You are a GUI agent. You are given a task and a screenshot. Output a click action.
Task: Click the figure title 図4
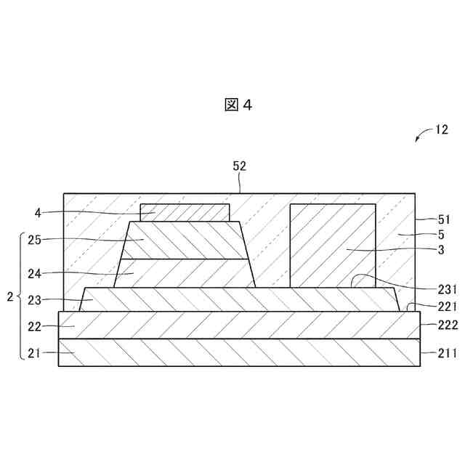pyautogui.click(x=238, y=105)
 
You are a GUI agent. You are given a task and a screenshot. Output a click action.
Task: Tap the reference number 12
pyautogui.click(x=441, y=131)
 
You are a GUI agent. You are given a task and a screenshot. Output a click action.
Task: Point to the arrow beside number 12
pyautogui.click(x=422, y=137)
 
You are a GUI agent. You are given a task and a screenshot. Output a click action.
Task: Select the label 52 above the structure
pyautogui.click(x=239, y=166)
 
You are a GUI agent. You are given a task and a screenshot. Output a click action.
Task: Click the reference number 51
pyautogui.click(x=444, y=219)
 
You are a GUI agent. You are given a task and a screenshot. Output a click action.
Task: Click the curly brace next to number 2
pyautogui.click(x=19, y=296)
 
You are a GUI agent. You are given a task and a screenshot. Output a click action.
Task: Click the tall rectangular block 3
pyautogui.click(x=333, y=245)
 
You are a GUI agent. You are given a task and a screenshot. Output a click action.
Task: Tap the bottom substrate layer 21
pyautogui.click(x=240, y=352)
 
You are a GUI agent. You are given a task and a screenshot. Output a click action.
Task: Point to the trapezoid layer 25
pyautogui.click(x=185, y=240)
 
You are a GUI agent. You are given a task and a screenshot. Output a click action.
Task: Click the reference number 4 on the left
pyautogui.click(x=38, y=213)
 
